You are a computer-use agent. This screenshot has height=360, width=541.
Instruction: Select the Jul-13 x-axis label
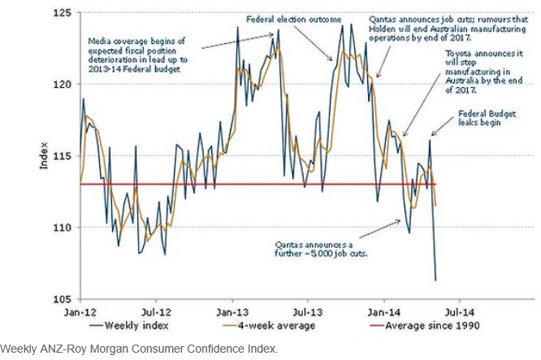click(305, 310)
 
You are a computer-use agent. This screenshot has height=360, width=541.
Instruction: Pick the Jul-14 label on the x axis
click(456, 310)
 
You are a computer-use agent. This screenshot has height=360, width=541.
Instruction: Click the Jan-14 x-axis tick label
click(381, 310)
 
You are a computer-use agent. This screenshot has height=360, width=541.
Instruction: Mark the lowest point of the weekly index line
click(435, 280)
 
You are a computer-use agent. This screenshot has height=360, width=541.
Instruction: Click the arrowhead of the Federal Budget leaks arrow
click(431, 136)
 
